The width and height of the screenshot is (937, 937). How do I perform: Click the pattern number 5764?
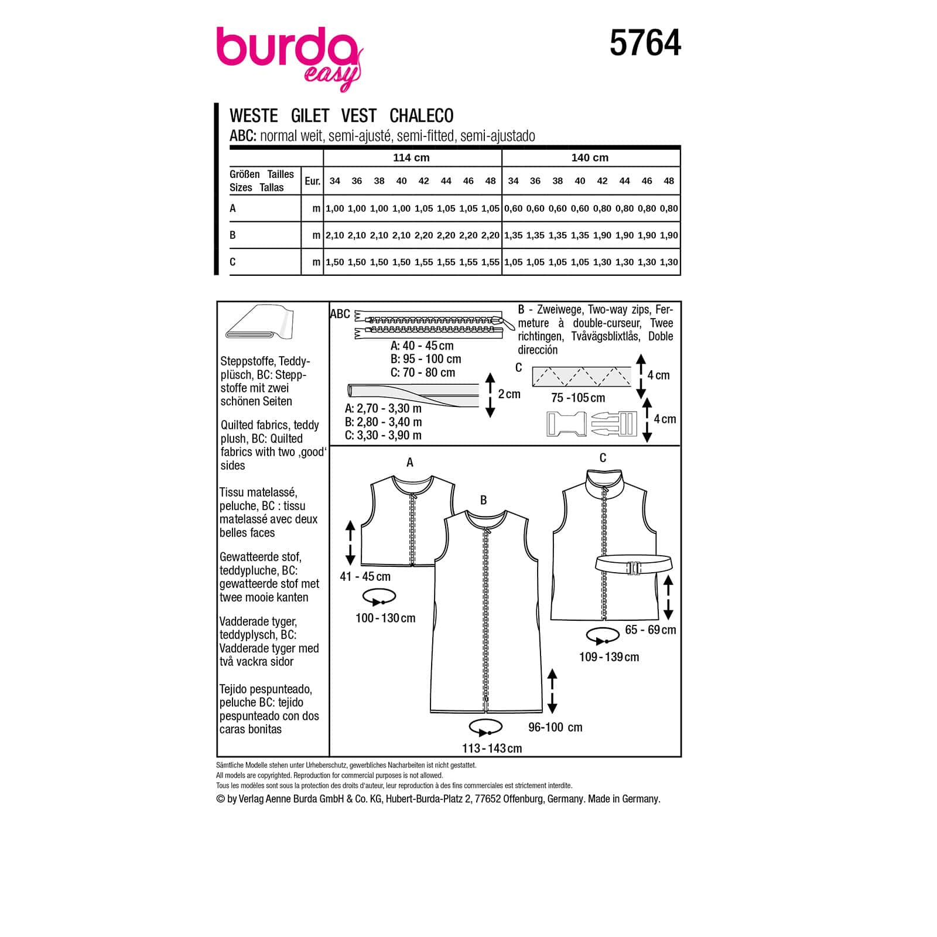[x=645, y=43]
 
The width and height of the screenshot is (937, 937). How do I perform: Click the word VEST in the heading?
[x=359, y=115]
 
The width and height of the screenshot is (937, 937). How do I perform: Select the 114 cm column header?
[x=411, y=158]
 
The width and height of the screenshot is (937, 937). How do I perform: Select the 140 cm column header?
[x=590, y=158]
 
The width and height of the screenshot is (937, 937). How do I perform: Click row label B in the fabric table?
[x=232, y=235]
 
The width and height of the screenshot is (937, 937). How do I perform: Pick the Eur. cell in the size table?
[x=312, y=181]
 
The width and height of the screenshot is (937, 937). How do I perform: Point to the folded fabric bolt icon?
[x=258, y=322]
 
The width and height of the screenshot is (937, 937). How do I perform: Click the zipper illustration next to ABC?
[x=433, y=326]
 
